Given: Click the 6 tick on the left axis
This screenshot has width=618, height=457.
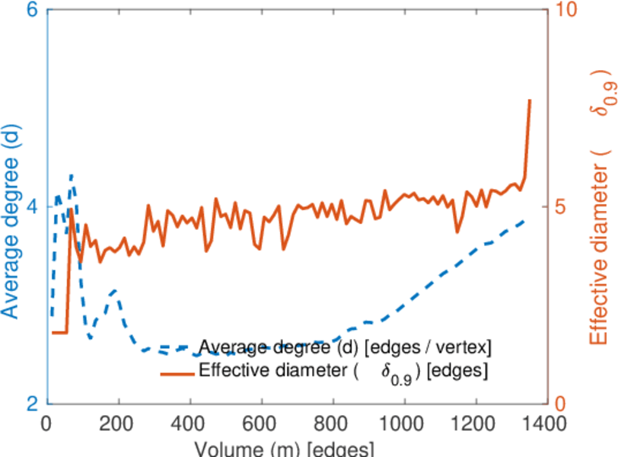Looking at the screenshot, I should click(34, 11).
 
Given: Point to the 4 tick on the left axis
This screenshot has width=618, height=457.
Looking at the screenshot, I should click(34, 207).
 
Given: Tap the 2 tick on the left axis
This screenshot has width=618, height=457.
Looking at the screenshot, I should click(34, 404).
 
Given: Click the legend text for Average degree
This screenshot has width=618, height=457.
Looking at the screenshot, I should click(346, 347).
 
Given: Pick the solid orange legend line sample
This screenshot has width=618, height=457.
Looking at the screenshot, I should click(177, 372).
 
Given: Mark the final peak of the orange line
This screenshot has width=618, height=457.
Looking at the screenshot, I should click(530, 101).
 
